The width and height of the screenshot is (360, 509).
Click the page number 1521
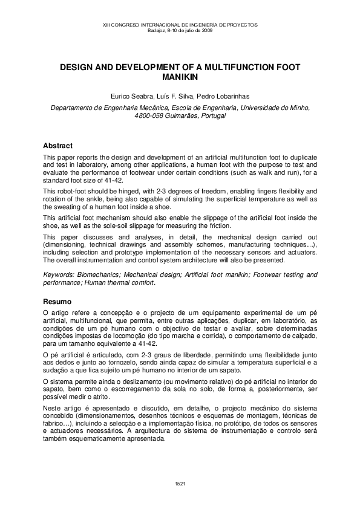pyautogui.click(x=180, y=484)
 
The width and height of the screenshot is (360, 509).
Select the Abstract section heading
pyautogui.click(x=58, y=146)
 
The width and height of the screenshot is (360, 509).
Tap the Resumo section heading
pyautogui.click(x=57, y=301)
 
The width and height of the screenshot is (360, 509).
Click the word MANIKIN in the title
pyautogui.click(x=180, y=78)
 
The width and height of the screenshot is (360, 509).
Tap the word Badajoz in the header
pyautogui.click(x=157, y=30)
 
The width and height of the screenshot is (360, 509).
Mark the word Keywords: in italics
pyautogui.click(x=60, y=274)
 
